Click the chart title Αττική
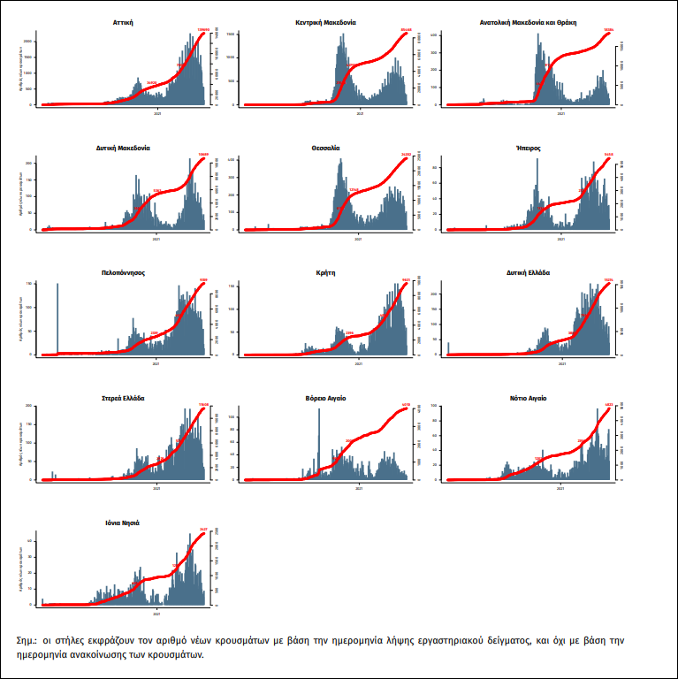[123, 21]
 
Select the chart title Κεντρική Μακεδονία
[327, 21]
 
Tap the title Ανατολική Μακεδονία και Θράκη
[528, 21]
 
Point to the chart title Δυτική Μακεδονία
[123, 148]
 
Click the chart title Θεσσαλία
[326, 148]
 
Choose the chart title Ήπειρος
[528, 148]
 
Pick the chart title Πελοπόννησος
[123, 272]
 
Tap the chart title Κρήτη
[326, 272]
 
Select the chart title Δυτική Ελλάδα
[528, 272]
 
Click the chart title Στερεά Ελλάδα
[123, 398]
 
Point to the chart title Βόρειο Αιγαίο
[326, 398]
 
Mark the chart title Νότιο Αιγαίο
[528, 398]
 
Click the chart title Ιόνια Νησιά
[123, 523]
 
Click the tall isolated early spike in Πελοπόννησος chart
[58, 318]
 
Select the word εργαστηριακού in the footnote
[454, 639]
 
